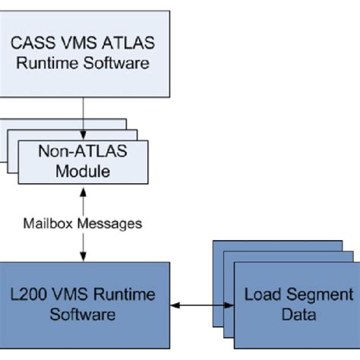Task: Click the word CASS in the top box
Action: [x=43, y=43]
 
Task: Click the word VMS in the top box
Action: [x=86, y=43]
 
